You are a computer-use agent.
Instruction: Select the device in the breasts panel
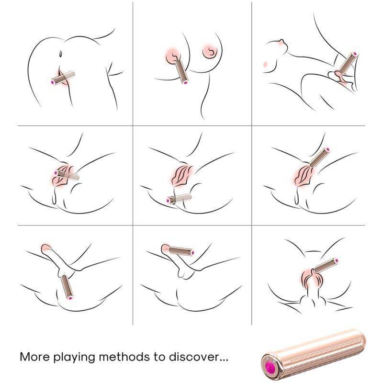[181, 71]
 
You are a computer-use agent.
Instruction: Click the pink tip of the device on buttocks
[52, 83]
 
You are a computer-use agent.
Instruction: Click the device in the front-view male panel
[326, 266]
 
